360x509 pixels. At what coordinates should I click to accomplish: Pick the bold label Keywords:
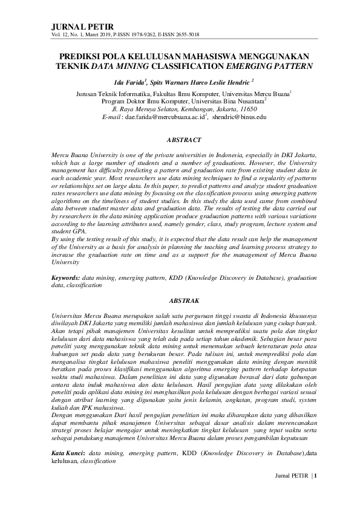click(x=66, y=277)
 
